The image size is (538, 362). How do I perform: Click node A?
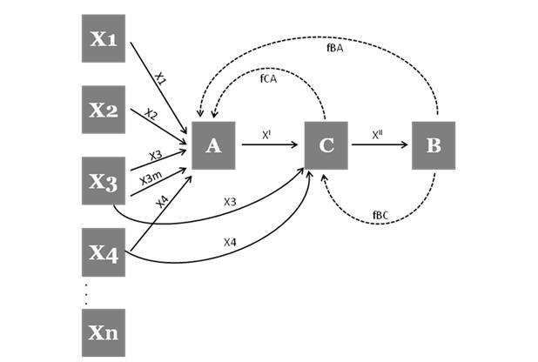coord(214,145)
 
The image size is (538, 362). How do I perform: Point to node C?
coord(326,145)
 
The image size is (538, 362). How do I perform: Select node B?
coord(433,145)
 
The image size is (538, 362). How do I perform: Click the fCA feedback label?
coord(269,78)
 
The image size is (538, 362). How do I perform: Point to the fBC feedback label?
coord(381,213)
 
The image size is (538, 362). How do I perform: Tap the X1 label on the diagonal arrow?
coord(160,78)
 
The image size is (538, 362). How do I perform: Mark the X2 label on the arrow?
coord(151,114)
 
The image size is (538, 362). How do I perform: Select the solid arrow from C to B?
coord(380,146)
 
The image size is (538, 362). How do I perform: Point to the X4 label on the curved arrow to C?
coord(230,241)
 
